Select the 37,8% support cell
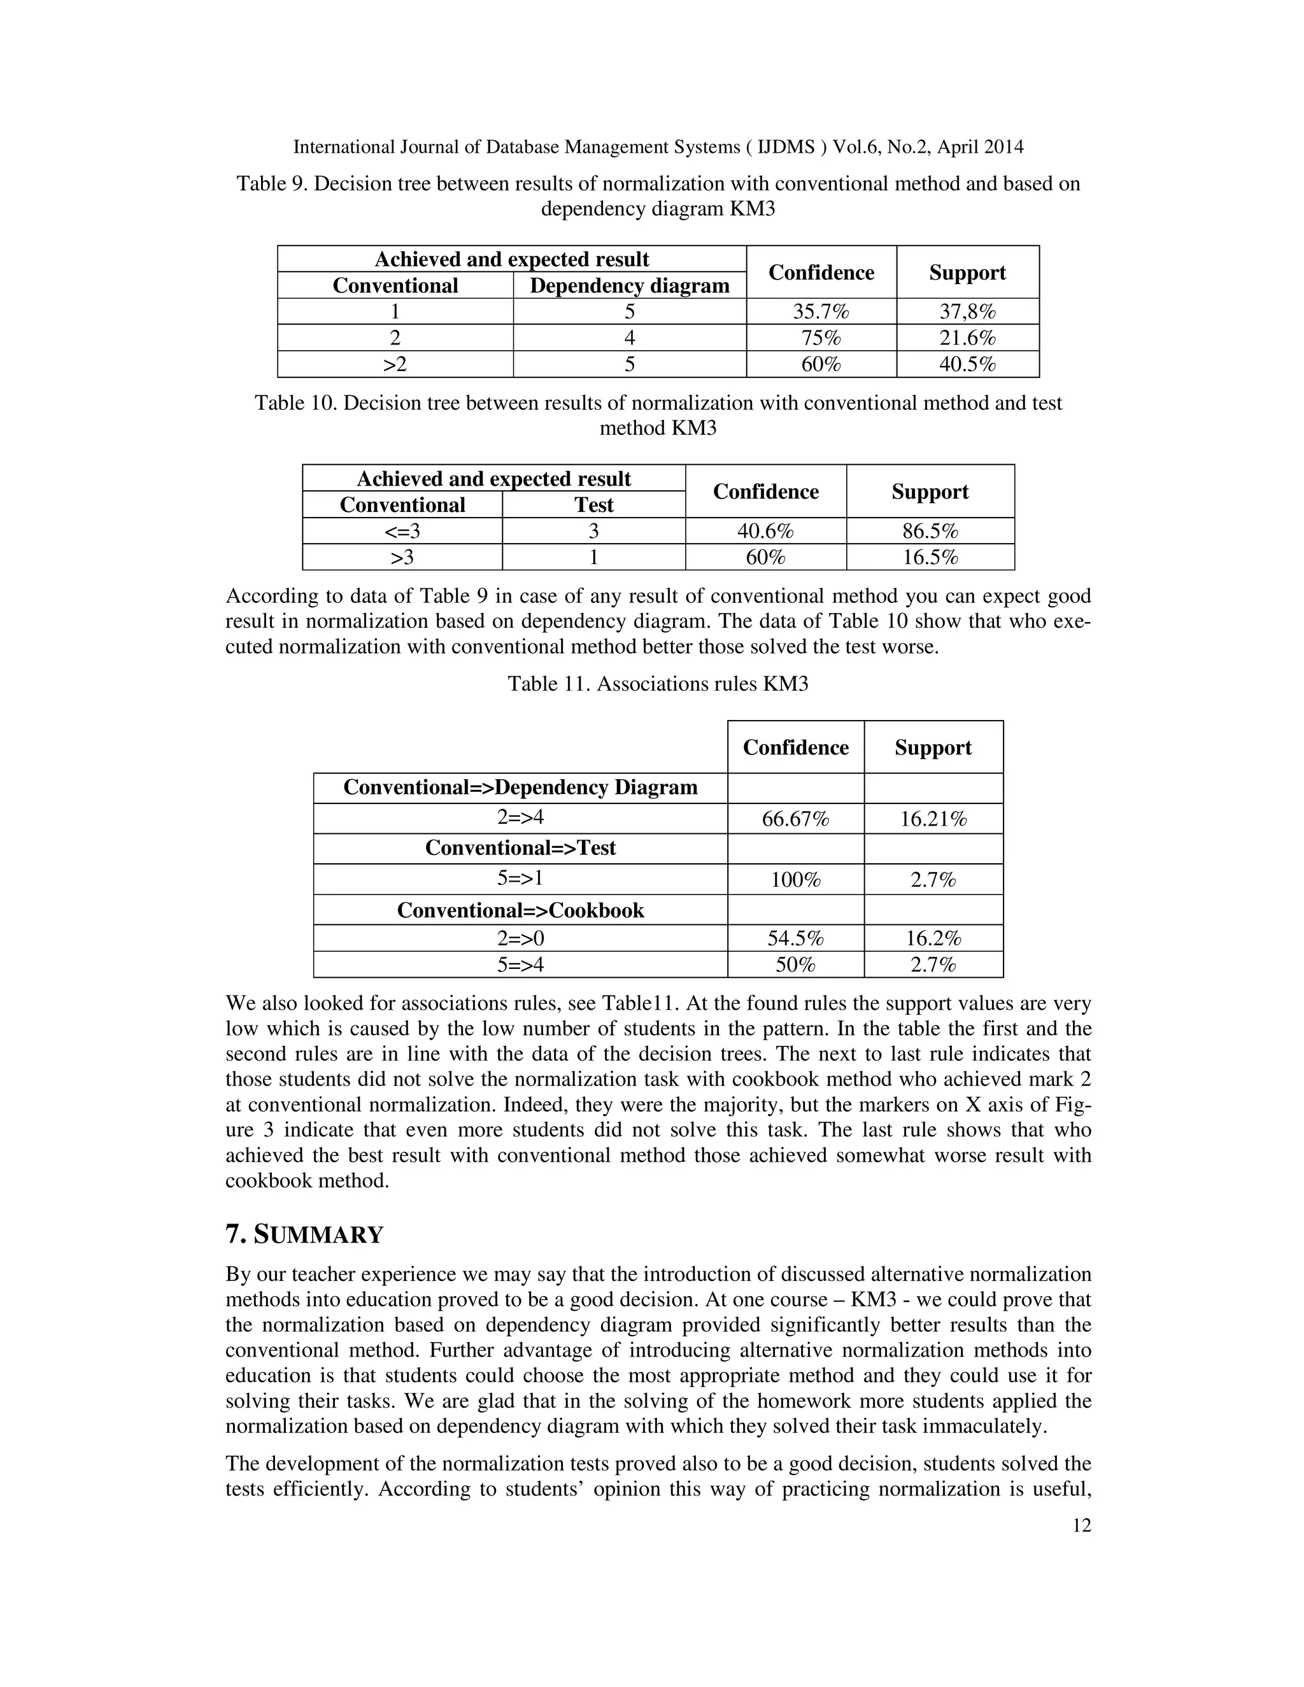[967, 311]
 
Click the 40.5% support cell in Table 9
[967, 364]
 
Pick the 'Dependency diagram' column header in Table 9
[629, 286]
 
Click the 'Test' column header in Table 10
[593, 505]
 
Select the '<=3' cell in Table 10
[402, 532]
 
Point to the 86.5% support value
[930, 532]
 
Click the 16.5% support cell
[930, 558]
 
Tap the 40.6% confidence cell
[765, 532]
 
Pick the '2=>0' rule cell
[520, 938]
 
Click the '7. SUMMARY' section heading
[304, 1234]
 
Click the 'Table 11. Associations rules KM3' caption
[657, 684]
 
